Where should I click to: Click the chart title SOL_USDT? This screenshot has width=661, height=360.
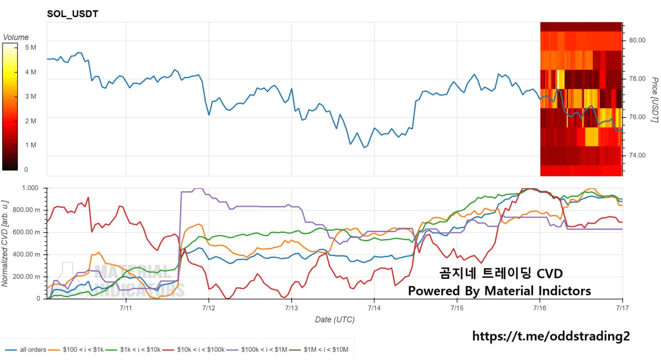[x=73, y=14]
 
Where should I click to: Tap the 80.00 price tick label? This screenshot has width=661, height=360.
[x=637, y=40]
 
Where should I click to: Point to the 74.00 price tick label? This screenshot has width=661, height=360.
[x=637, y=155]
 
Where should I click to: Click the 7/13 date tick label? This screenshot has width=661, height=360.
[x=291, y=308]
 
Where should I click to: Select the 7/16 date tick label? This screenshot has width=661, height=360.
[x=540, y=308]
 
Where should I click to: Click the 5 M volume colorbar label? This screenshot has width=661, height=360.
[x=30, y=48]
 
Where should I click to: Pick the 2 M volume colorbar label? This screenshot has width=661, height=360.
[x=30, y=121]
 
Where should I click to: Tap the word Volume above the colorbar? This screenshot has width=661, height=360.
[x=15, y=37]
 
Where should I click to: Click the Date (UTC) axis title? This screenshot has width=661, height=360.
[x=335, y=320]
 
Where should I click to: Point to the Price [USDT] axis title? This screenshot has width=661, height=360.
[x=654, y=100]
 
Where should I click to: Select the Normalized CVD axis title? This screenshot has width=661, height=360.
[x=5, y=243]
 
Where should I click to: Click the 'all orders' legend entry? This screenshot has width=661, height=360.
[x=26, y=350]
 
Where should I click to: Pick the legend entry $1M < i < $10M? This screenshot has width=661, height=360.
[x=319, y=350]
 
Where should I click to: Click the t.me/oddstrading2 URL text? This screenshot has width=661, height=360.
[x=551, y=336]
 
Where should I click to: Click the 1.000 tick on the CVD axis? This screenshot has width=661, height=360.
[x=30, y=188]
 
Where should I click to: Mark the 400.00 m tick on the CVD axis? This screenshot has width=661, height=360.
[x=26, y=254]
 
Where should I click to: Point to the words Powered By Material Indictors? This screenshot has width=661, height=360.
[x=499, y=291]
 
